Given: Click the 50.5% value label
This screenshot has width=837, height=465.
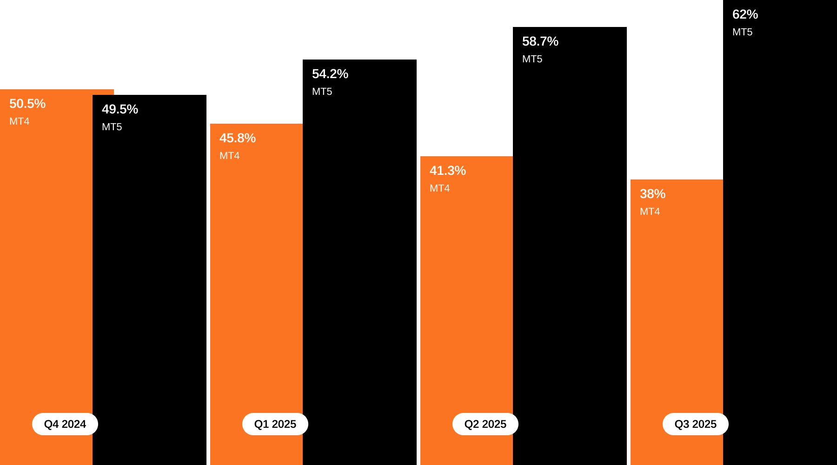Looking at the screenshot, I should tap(27, 104).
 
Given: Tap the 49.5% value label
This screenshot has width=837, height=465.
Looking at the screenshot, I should tap(120, 109).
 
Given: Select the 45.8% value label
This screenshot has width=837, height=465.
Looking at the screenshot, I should tap(238, 138).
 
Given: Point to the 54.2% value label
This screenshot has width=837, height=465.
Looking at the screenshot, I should tap(330, 74).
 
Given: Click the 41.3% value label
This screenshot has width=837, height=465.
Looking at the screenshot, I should tap(448, 171).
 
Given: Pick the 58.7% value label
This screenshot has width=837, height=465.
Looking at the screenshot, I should tap(540, 41).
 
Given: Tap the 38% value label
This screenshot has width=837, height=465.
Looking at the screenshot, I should tap(652, 194).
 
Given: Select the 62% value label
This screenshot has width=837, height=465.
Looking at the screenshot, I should tap(745, 14).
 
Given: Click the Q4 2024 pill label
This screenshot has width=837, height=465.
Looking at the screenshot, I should tap(65, 424).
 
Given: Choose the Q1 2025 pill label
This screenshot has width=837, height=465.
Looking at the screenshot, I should tap(275, 424).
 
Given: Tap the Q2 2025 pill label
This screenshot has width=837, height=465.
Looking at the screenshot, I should tap(485, 424).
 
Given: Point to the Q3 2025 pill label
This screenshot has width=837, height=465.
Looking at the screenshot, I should tap(696, 424).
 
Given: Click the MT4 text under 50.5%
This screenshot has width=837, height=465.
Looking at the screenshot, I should tap(20, 121).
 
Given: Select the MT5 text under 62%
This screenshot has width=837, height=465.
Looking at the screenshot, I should tap(742, 32).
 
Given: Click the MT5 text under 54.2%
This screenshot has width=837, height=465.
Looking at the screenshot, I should tap(322, 92).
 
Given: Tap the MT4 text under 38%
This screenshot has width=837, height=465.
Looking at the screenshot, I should tap(650, 212).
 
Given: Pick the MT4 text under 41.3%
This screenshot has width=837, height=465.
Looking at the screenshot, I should tap(440, 188).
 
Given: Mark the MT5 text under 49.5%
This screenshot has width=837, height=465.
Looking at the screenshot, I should tap(112, 127).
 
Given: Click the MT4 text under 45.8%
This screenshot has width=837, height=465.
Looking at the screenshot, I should tap(230, 156).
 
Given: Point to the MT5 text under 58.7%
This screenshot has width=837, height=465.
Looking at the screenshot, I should tap(532, 59).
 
